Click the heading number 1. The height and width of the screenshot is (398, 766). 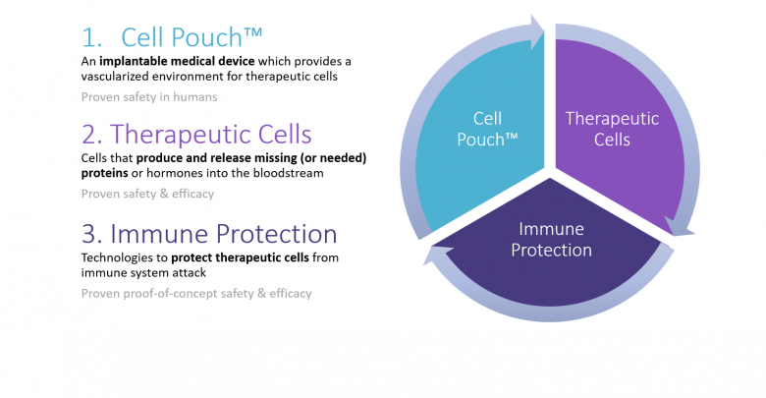pos(91,37)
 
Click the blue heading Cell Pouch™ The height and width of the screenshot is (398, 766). pos(191,37)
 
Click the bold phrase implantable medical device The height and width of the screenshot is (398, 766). pos(177,62)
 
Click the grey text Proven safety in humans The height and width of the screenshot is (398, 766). pos(149,97)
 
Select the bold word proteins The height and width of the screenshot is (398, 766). pos(104,174)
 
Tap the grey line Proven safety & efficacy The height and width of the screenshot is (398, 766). pos(147,195)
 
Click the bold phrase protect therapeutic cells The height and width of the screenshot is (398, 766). pos(240,257)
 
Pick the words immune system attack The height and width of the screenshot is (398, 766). pos(143,273)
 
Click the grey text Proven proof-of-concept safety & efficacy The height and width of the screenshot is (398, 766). pos(196,294)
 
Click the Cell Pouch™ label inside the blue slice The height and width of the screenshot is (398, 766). pos(487,129)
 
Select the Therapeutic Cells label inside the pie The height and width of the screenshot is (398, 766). pos(612,129)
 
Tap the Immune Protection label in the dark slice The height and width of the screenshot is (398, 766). pos(551,240)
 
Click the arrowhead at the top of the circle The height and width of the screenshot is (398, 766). pos(537,31)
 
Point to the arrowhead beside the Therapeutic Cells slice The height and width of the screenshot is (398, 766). pos(679,228)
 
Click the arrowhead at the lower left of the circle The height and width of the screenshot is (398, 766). pos(436,255)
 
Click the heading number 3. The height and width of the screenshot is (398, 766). pos(91,234)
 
